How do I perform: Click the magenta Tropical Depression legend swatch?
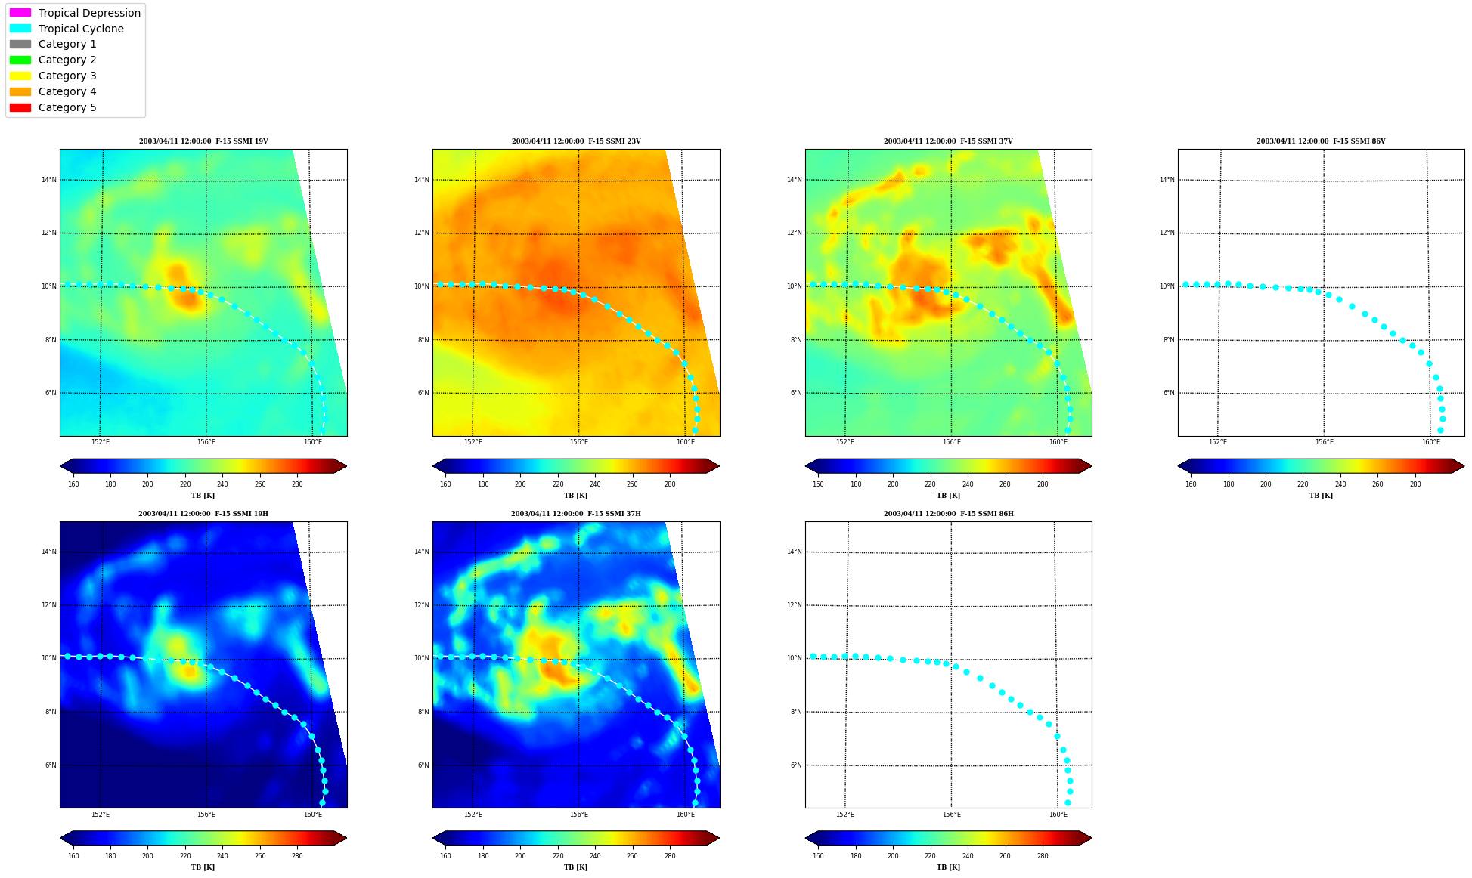coord(20,13)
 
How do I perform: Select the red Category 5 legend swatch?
coord(20,107)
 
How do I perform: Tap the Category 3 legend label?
coord(67,76)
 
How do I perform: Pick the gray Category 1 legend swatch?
coord(20,45)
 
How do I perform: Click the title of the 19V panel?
coord(203,141)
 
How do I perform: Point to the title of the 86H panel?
coord(949,514)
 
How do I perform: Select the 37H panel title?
coord(576,514)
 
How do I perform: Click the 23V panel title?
coord(576,141)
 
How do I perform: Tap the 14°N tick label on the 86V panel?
coord(1167,180)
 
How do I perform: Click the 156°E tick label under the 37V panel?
coord(952,442)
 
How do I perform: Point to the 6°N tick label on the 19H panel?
coord(49,765)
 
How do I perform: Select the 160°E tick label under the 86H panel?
coord(1058,815)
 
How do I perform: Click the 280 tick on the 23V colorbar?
coord(670,484)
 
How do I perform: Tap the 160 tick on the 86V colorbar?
coord(1191,484)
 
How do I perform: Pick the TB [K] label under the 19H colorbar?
coord(203,867)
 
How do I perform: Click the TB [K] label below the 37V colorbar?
coord(949,496)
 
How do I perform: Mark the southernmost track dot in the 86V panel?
coord(1440,430)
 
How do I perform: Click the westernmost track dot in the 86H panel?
coord(813,656)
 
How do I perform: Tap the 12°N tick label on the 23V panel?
coord(422,233)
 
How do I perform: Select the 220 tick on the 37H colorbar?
coord(558,856)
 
